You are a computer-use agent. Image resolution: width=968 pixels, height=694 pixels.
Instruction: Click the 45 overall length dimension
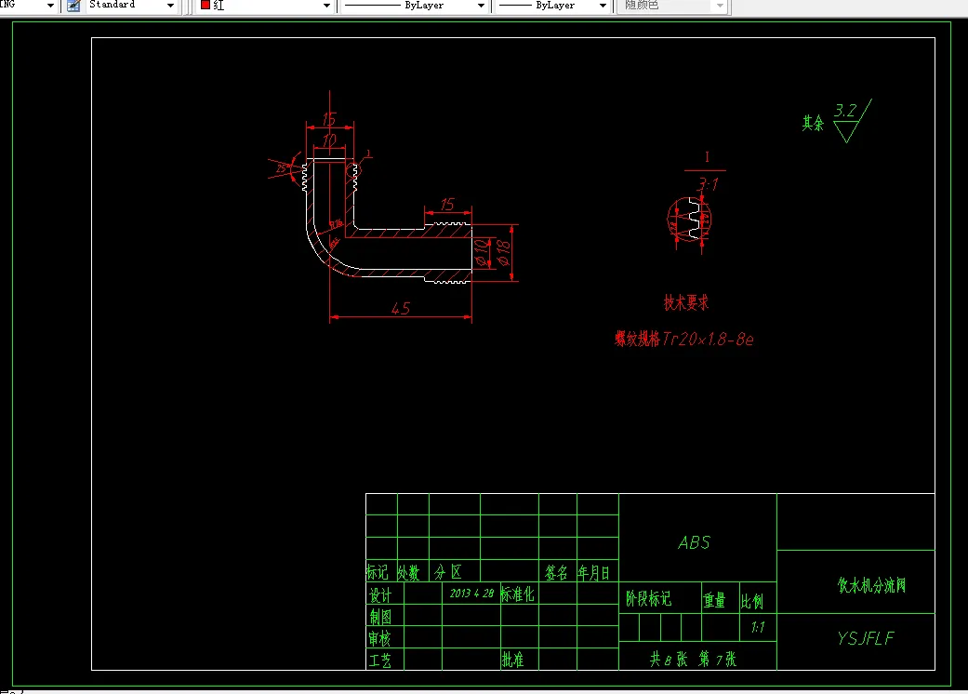pos(401,309)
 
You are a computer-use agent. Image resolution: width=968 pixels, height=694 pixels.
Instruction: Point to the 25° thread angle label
pos(282,167)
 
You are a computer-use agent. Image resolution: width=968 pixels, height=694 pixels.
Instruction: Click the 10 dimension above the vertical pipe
pos(328,140)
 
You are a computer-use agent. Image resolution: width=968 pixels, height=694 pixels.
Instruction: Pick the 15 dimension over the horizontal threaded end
pos(446,205)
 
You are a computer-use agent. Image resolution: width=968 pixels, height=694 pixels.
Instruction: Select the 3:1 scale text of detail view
pos(707,184)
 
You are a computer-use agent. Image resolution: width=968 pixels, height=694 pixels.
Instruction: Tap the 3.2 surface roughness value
pos(845,111)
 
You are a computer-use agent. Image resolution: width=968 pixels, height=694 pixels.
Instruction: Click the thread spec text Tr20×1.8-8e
pos(708,340)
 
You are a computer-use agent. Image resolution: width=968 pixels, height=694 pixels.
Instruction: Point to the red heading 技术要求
pos(686,303)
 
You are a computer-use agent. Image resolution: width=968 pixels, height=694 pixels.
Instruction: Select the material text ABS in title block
pos(695,542)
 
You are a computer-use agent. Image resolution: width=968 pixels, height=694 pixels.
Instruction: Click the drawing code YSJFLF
pos(865,638)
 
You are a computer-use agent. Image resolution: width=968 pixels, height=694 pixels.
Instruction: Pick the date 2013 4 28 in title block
pos(471,593)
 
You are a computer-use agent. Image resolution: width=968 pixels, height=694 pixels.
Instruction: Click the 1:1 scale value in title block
pos(757,628)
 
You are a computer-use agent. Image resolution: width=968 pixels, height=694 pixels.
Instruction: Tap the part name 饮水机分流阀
pos(870,586)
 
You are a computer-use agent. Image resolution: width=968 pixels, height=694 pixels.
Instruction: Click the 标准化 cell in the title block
pos(518,594)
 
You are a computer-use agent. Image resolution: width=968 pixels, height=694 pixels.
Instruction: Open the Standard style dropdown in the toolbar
pos(169,6)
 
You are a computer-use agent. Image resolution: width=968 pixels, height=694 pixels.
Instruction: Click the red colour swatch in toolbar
pos(206,6)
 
